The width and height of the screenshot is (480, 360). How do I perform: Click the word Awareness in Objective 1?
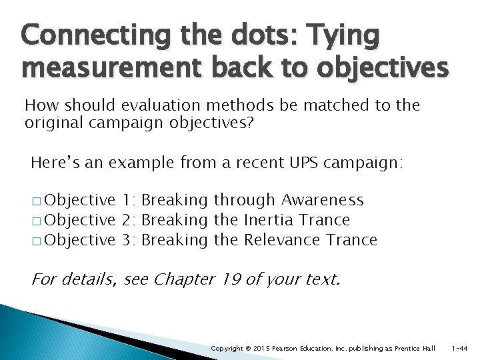click(323, 200)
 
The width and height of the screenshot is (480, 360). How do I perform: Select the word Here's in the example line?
click(53, 161)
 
